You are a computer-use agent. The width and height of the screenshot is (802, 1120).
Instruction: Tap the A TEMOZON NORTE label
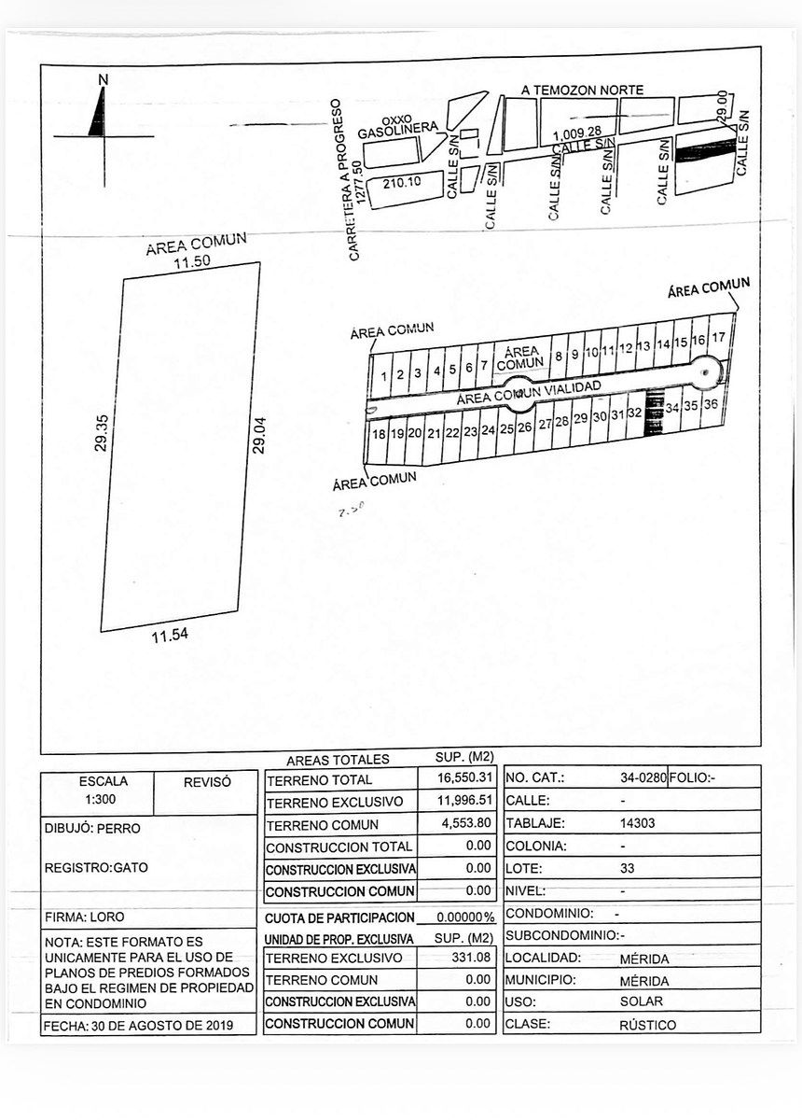click(x=582, y=90)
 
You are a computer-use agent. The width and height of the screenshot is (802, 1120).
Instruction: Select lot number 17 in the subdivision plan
click(x=718, y=336)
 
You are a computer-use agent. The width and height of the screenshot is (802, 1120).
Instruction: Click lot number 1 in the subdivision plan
click(x=382, y=375)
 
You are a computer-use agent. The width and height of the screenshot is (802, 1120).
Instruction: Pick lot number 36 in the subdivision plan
click(x=711, y=405)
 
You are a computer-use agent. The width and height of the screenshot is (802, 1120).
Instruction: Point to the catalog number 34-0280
click(x=643, y=777)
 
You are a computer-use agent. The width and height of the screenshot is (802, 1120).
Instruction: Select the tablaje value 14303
click(x=637, y=823)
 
